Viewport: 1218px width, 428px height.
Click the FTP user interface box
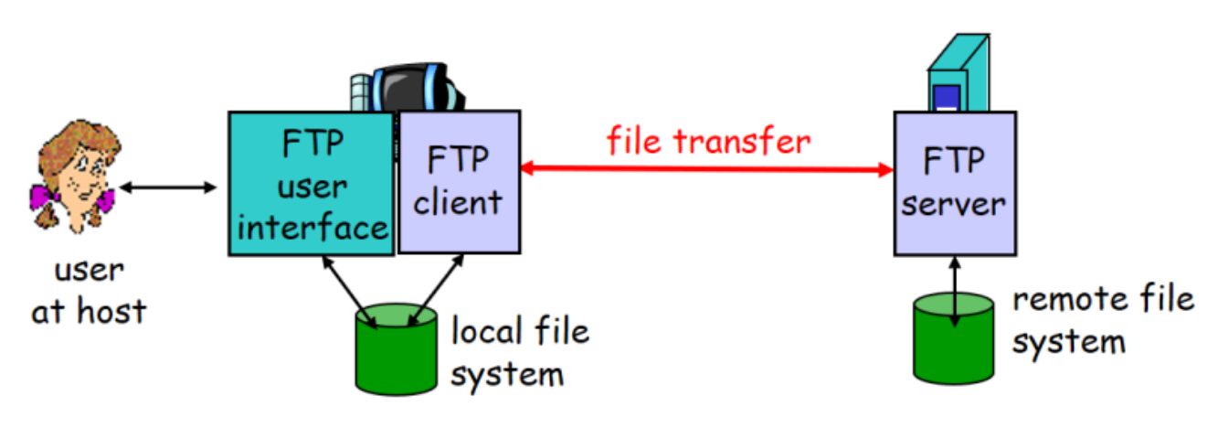[311, 183]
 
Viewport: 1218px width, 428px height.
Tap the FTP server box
[953, 183]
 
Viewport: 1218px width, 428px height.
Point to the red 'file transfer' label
[708, 140]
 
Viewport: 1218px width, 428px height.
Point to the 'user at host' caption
[89, 291]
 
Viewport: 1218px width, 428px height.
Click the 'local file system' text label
[519, 352]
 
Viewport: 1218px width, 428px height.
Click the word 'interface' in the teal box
[311, 226]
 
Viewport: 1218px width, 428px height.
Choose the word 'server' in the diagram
[953, 203]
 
